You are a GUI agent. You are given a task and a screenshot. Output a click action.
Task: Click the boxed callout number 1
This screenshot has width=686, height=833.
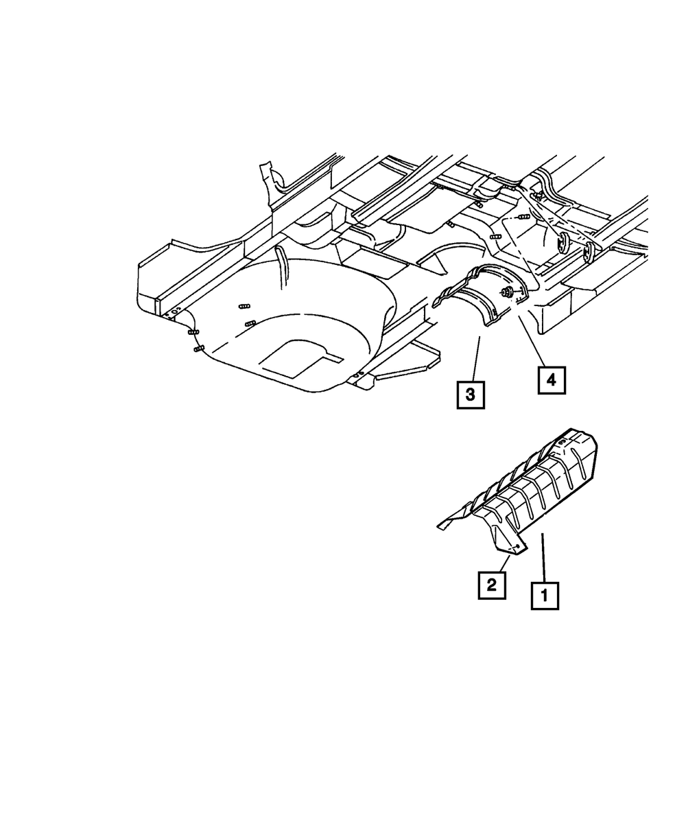[545, 596]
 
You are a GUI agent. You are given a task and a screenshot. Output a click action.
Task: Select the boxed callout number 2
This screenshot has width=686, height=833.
[492, 585]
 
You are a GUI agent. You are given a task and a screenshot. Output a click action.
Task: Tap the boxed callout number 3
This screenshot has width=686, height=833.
[471, 395]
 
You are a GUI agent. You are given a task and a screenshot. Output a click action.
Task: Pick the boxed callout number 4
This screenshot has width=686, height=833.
[552, 379]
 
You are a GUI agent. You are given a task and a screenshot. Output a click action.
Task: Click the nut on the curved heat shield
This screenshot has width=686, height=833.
[507, 294]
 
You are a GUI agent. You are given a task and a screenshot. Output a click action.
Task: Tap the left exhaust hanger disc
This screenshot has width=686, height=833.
[563, 242]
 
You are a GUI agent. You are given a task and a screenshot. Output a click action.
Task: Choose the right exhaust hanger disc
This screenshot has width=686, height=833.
[589, 252]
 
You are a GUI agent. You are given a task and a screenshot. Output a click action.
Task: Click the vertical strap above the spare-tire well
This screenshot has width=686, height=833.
[281, 261]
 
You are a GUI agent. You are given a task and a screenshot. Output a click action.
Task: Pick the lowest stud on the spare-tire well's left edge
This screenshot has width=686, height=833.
[198, 349]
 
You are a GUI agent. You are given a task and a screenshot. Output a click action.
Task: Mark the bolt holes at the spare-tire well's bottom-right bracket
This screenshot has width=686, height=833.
[357, 375]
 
